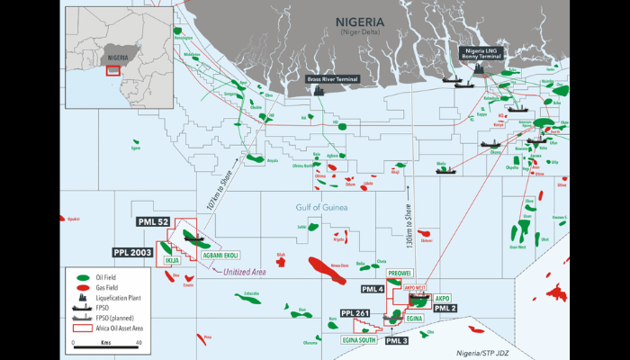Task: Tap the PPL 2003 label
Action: [x=135, y=253]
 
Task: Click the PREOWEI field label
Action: [x=399, y=271]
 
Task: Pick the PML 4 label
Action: [x=372, y=289]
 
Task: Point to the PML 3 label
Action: [x=397, y=341]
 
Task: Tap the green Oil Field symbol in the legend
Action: [x=83, y=277]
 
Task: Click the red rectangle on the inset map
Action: [x=113, y=70]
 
